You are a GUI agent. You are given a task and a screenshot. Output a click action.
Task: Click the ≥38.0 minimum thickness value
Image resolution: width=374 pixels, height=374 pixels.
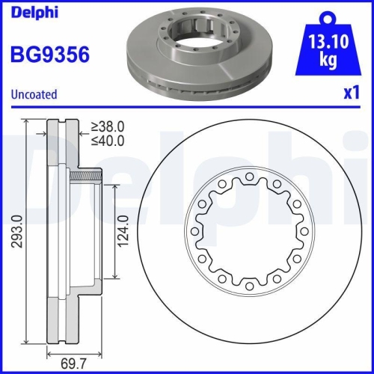coord(107,127)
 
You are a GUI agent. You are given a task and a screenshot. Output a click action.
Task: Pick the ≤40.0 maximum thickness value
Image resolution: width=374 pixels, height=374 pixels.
coord(107,141)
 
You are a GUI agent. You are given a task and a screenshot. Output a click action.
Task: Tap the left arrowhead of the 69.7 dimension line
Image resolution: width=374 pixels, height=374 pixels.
coord(49,351)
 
